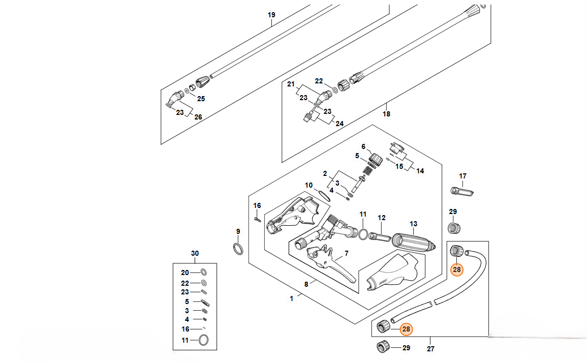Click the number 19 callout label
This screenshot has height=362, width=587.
pos(271,15)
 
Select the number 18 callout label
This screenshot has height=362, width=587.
pos(386,114)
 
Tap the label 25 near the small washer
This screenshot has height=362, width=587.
pos(201,99)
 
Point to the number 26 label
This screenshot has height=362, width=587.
pos(198,117)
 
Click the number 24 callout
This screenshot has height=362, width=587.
pos(339,124)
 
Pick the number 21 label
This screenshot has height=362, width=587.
pos(291,84)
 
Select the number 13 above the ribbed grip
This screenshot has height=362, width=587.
pos(413,224)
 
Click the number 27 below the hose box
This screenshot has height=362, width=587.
pos(431,349)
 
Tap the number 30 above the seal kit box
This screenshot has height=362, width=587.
pos(195,253)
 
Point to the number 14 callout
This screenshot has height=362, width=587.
pos(420,171)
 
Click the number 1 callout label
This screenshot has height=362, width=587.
pos(292,299)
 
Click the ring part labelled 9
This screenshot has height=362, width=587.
pos(238,249)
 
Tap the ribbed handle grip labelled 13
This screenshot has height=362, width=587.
pos(414,243)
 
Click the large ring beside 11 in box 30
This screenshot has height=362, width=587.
pos(203,340)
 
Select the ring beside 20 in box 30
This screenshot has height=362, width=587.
pos(204,272)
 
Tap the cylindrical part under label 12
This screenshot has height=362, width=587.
pos(380,236)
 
